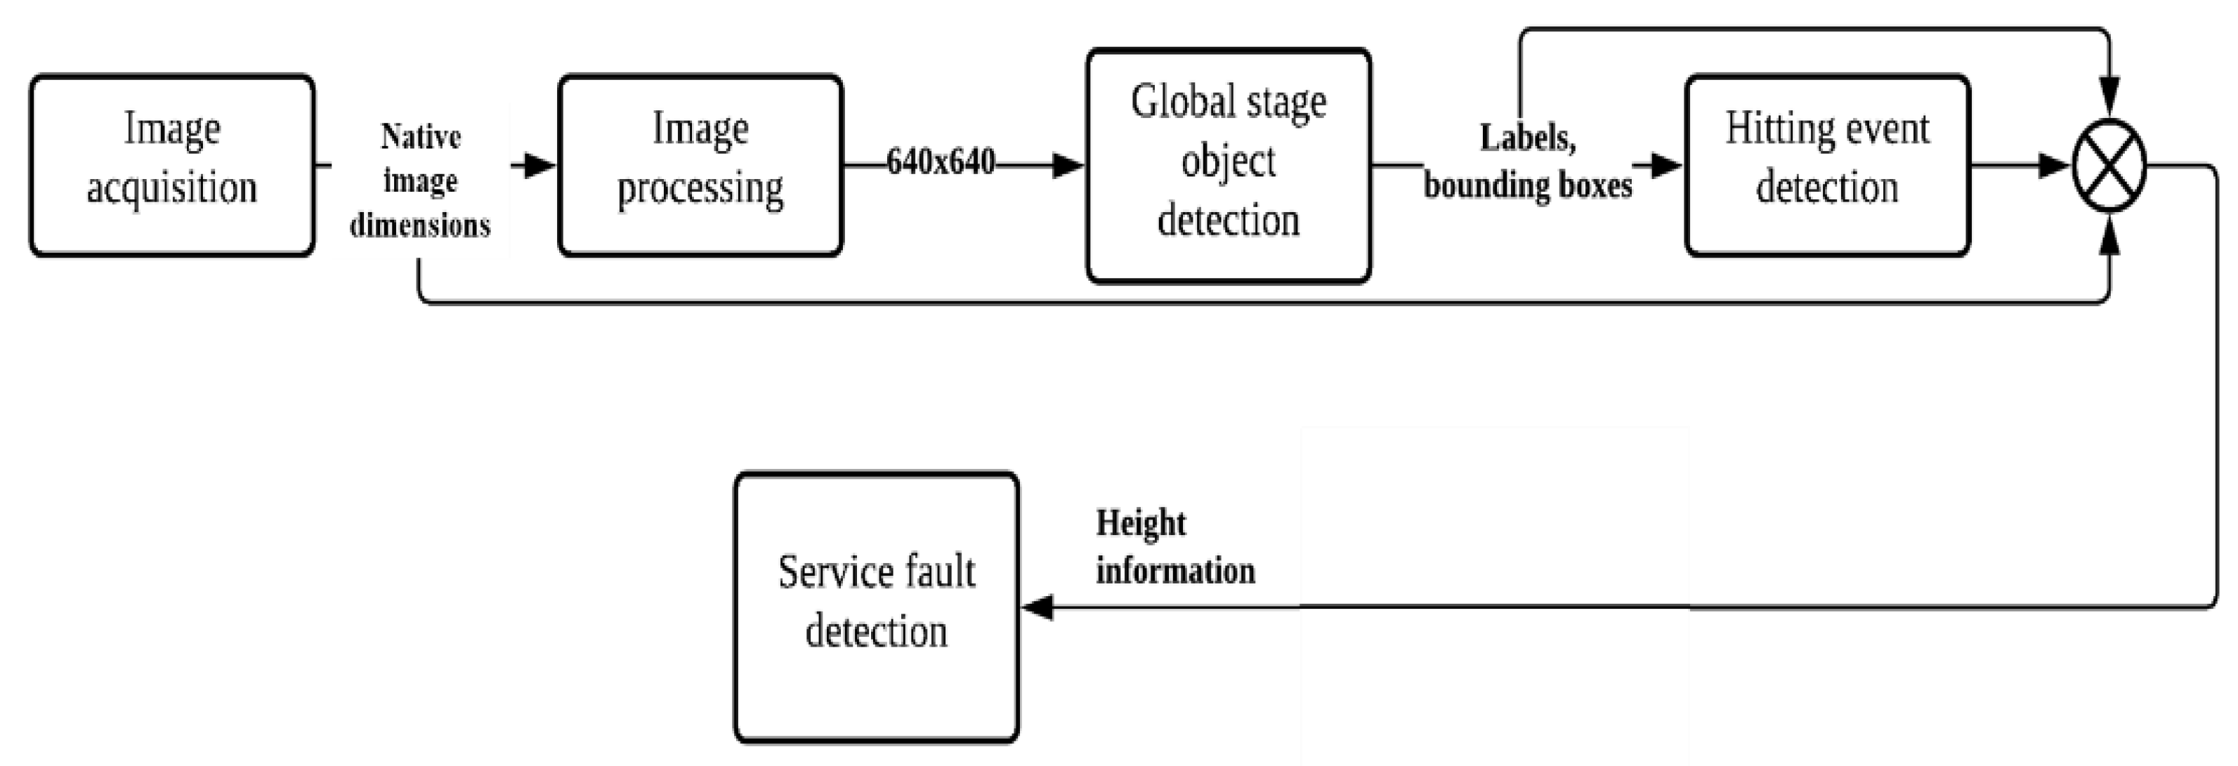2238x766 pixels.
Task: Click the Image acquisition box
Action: pyautogui.click(x=172, y=165)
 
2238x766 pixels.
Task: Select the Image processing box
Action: pyautogui.click(x=700, y=165)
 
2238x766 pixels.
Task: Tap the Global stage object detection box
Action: pyautogui.click(x=1229, y=165)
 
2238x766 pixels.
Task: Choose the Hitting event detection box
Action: pyautogui.click(x=1827, y=165)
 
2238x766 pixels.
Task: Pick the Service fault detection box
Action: pyautogui.click(x=876, y=606)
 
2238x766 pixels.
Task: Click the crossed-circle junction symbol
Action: pyautogui.click(x=2109, y=165)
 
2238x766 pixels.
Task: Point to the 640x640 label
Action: pyautogui.click(x=941, y=162)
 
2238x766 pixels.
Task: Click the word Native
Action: pyautogui.click(x=421, y=137)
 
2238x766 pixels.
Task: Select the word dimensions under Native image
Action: pyautogui.click(x=421, y=226)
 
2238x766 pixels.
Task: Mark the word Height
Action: pyautogui.click(x=1141, y=523)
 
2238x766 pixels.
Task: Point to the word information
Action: pyautogui.click(x=1174, y=572)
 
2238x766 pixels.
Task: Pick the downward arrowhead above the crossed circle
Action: pyautogui.click(x=2109, y=95)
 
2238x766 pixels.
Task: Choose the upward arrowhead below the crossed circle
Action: pyautogui.click(x=2109, y=236)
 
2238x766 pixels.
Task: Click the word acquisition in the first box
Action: pyautogui.click(x=172, y=187)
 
